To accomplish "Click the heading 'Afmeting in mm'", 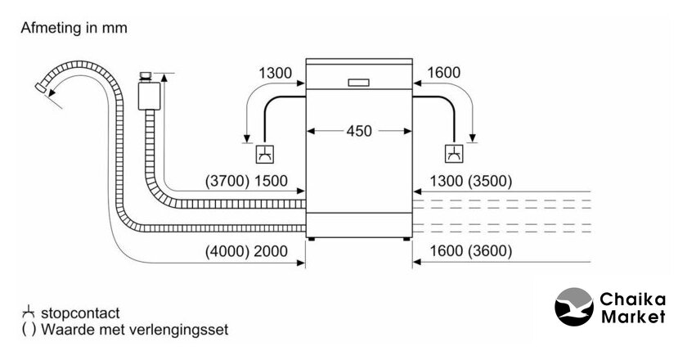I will coord(74,28).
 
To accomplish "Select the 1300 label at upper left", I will coord(276,74).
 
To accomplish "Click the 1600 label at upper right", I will coord(443,74).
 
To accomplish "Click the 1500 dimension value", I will coord(272,182).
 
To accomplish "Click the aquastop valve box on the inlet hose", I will coord(149,94).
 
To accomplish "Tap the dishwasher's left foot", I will coord(312,240).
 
